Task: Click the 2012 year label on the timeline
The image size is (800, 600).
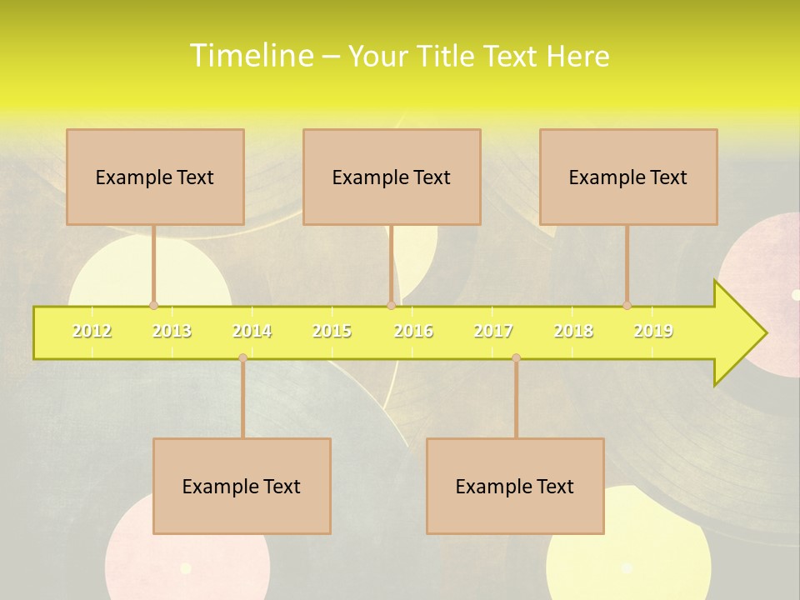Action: click(92, 332)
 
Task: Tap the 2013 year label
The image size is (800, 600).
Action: click(172, 332)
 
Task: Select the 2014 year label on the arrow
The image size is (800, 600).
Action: click(252, 332)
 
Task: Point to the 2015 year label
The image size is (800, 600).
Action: click(332, 332)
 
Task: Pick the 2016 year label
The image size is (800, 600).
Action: click(413, 332)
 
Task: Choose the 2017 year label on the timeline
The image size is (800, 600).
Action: click(493, 332)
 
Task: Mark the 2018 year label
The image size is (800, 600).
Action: click(573, 332)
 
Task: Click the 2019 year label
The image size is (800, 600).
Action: click(653, 332)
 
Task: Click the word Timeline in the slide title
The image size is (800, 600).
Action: click(251, 56)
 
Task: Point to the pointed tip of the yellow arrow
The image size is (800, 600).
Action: click(764, 333)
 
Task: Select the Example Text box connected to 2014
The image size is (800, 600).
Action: click(242, 486)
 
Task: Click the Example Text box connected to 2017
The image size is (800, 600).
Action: click(515, 486)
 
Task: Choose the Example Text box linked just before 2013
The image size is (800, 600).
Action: click(155, 177)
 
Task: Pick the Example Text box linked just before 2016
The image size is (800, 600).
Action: click(392, 177)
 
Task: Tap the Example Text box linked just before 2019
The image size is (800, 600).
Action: click(628, 177)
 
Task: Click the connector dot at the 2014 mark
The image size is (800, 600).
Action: click(242, 357)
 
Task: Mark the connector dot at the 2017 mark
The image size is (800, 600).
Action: click(516, 357)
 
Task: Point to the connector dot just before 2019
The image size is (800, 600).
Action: click(627, 306)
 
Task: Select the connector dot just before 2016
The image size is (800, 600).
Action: click(391, 306)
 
